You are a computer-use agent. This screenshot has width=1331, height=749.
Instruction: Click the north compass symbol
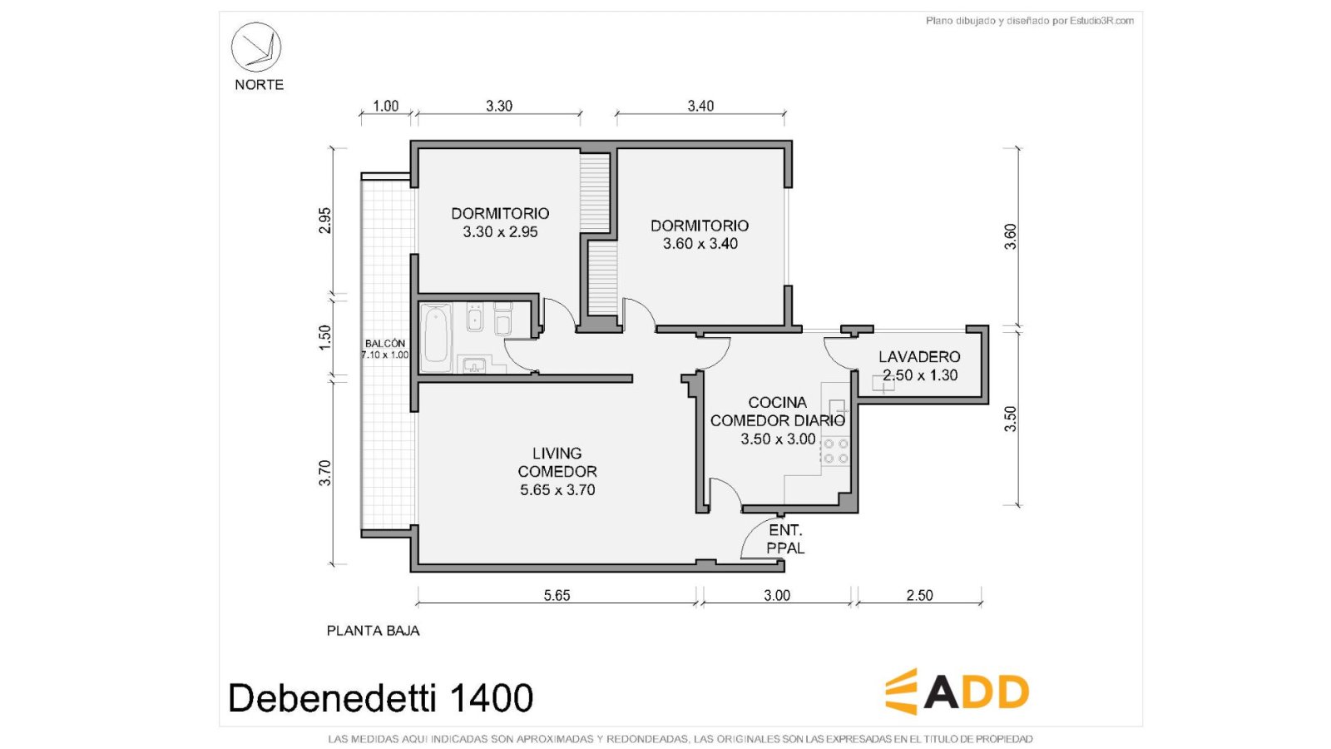256,47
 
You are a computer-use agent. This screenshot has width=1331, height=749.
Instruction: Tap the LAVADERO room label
919,357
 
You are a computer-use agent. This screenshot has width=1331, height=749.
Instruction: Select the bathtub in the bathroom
436,337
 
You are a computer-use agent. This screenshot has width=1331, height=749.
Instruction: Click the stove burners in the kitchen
835,451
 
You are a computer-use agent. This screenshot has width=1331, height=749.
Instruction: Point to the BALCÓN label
385,344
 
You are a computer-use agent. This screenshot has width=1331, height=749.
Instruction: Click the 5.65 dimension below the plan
557,595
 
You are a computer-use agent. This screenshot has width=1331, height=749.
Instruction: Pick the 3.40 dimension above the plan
700,106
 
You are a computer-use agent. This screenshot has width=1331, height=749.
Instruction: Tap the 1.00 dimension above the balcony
386,106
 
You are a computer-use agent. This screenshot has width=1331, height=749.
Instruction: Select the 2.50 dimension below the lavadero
919,595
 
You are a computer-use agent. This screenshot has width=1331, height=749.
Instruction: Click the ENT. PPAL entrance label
785,539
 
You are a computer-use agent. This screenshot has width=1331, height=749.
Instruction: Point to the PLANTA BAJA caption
374,631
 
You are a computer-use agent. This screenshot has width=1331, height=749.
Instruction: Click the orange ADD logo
957,692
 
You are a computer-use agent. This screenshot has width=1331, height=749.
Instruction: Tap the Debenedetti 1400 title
381,697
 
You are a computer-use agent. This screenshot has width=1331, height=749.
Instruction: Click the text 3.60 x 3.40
700,244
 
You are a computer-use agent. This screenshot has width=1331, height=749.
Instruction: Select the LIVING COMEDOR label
557,463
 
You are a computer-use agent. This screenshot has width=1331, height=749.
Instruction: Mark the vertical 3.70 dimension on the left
324,474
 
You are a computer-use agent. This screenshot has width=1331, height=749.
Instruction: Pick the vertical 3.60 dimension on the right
1010,236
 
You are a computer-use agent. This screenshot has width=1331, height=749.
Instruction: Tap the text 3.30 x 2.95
500,232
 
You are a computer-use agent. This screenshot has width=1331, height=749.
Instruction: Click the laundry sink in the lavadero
883,384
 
